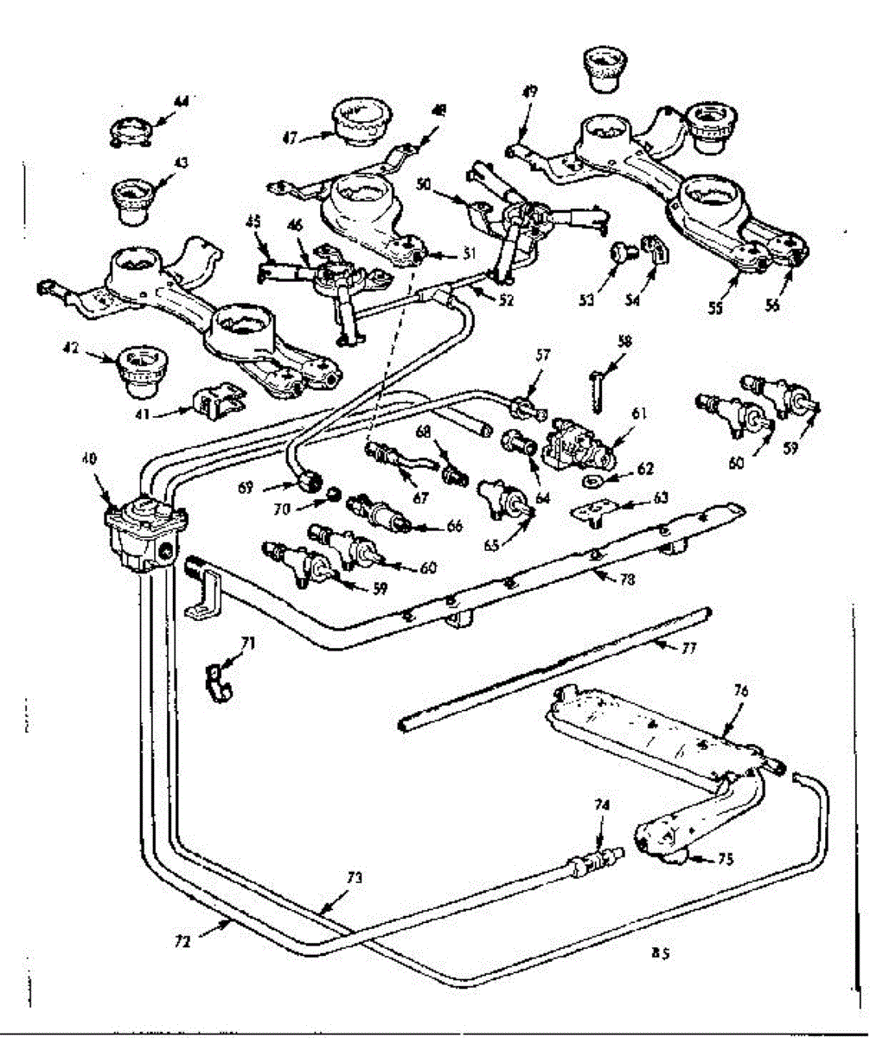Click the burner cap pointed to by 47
pyautogui.click(x=359, y=125)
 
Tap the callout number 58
pyautogui.click(x=624, y=343)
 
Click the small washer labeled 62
pyautogui.click(x=595, y=480)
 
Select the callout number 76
pyautogui.click(x=741, y=692)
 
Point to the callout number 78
pyautogui.click(x=628, y=580)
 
